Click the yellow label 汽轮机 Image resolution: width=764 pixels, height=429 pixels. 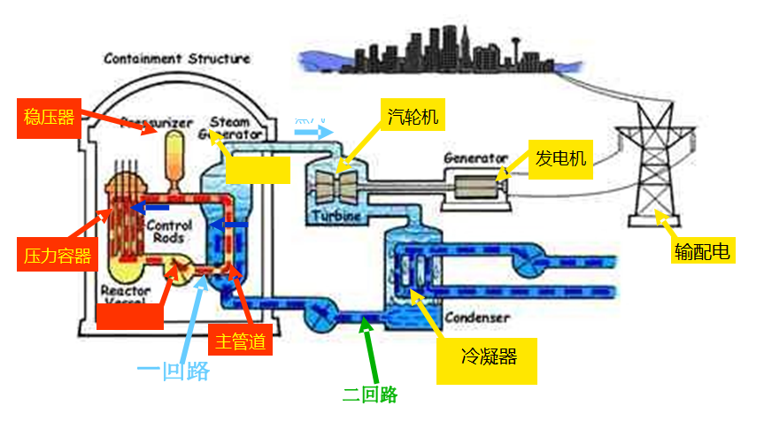pyautogui.click(x=413, y=115)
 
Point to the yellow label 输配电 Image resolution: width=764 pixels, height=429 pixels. pyautogui.click(x=702, y=252)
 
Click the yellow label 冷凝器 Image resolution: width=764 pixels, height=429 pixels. pyautogui.click(x=487, y=357)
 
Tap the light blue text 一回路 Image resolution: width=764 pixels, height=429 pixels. pyautogui.click(x=174, y=371)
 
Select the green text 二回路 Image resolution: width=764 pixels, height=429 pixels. pyautogui.click(x=370, y=395)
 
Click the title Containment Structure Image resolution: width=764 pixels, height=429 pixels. pyautogui.click(x=177, y=59)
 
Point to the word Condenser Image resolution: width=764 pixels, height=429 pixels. pyautogui.click(x=476, y=317)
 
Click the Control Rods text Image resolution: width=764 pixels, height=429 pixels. pyautogui.click(x=169, y=231)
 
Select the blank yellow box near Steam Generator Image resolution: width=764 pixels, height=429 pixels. pyautogui.click(x=258, y=168)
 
